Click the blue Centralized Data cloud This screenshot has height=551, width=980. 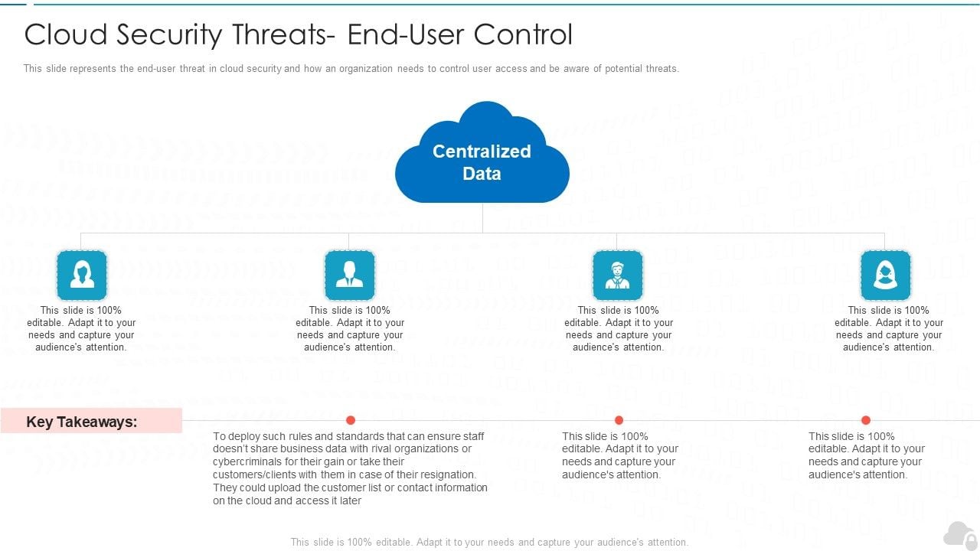point(482,153)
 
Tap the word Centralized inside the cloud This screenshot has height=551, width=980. point(482,152)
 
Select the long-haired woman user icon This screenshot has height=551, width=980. point(82,275)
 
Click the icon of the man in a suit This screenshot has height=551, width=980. point(350,275)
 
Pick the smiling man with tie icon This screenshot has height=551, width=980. point(617,275)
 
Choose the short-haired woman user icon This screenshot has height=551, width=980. point(886,275)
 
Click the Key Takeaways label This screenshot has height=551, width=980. point(82,422)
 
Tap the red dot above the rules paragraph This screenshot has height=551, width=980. point(351,420)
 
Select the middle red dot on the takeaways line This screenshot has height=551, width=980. point(619,420)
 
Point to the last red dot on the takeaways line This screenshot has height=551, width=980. point(866,420)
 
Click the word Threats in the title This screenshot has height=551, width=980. point(283,34)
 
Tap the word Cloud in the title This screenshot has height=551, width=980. point(66,34)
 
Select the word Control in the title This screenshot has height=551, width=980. point(523,34)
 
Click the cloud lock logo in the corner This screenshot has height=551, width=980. point(960,536)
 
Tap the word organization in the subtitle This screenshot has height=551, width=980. point(366,69)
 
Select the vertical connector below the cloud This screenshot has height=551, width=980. point(482,218)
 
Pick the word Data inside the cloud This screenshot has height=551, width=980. point(482,174)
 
